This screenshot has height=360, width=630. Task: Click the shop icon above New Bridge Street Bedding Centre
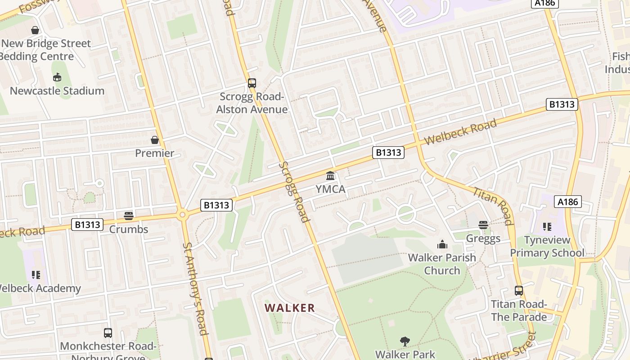[35, 30]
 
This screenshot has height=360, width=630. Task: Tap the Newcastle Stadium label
[57, 91]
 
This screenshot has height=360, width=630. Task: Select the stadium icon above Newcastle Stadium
[57, 77]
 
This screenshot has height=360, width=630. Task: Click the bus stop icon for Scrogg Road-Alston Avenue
[252, 83]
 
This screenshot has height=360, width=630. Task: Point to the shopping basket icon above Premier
[155, 140]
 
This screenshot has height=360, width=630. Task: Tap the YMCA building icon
[330, 175]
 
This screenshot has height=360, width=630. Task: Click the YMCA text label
[330, 189]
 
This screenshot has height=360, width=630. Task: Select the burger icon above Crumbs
[129, 216]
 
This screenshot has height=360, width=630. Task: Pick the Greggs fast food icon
[483, 225]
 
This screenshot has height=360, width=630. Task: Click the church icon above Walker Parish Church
[442, 244]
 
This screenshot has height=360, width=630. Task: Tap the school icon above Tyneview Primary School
[547, 226]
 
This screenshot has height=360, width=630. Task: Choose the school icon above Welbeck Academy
[36, 274]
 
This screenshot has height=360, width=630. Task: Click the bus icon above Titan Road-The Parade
[519, 291]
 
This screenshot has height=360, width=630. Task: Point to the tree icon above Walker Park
[405, 341]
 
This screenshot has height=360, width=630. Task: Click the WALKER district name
[290, 308]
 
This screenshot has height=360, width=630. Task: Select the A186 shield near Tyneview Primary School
[567, 202]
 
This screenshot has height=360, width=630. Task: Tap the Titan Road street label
[493, 205]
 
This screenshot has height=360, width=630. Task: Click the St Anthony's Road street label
[195, 289]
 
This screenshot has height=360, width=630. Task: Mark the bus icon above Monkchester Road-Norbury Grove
[108, 333]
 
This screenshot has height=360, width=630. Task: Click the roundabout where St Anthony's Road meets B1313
[182, 215]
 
